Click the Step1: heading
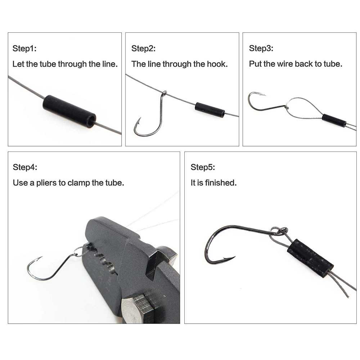[24, 49]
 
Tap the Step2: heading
[143, 49]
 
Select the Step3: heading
[261, 48]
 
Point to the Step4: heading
[25, 167]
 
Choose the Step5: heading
[203, 167]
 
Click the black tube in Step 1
[69, 111]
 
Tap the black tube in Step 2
[210, 110]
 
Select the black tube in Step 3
[334, 120]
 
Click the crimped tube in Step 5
[310, 258]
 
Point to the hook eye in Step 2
[165, 93]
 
